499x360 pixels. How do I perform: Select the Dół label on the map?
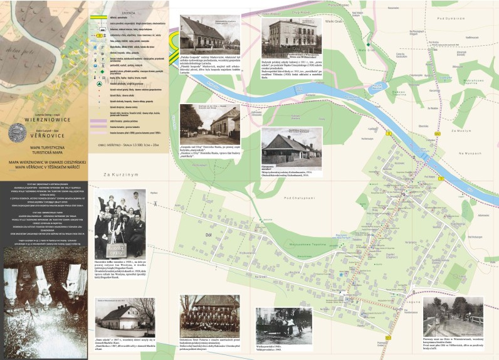click(x=209, y=234)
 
